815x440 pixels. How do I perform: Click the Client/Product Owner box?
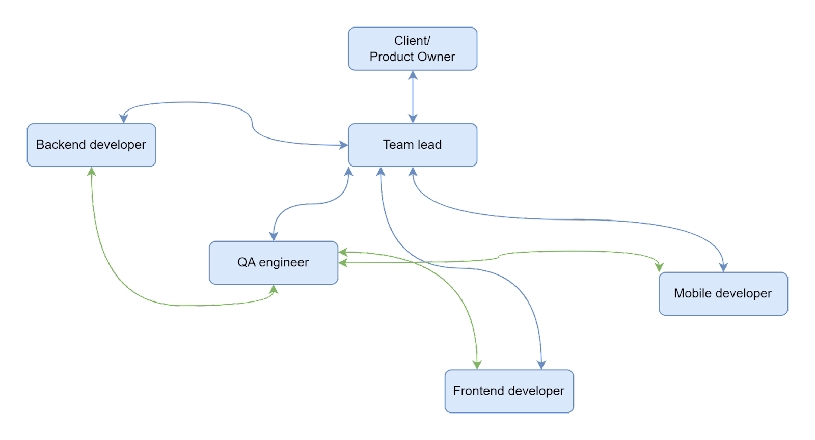(413, 49)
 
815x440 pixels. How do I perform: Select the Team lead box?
(413, 145)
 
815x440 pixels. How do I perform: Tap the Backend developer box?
(91, 145)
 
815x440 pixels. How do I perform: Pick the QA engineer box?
(273, 263)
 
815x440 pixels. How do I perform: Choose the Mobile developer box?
(723, 294)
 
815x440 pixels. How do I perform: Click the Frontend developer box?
(509, 391)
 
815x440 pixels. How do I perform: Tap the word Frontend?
(476, 391)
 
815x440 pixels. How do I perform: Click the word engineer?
(284, 263)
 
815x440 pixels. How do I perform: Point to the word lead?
(429, 144)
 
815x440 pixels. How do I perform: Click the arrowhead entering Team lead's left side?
(343, 145)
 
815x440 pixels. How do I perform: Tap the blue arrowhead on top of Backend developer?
(124, 119)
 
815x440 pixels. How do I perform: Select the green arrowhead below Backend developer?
(91, 172)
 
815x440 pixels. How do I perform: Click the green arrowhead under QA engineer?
(274, 289)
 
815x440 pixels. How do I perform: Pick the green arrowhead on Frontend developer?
(477, 365)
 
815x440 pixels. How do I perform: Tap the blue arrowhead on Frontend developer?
(541, 365)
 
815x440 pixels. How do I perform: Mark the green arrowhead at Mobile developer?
(659, 267)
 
